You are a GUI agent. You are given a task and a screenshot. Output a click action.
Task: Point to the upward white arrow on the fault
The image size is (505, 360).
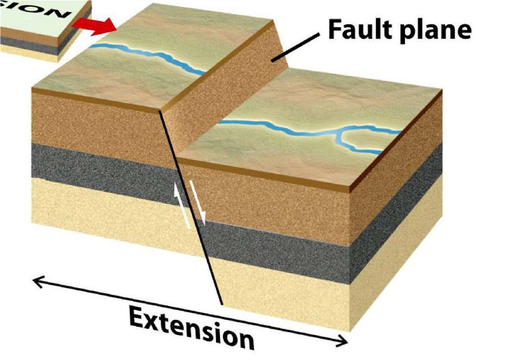pos(179,204)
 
